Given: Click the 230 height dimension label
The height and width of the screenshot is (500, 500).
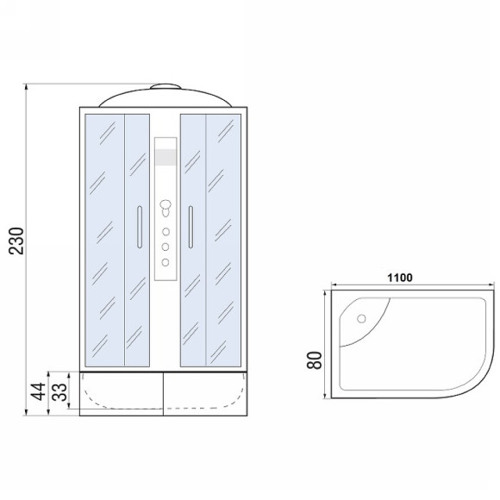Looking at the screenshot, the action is [16, 241].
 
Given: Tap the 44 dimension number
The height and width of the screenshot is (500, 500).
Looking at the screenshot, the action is [38, 391].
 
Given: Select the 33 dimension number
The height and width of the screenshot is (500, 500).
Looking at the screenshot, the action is [59, 391].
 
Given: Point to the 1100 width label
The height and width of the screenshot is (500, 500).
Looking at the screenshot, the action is [400, 278].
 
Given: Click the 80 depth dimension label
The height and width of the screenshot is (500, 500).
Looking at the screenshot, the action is [315, 360].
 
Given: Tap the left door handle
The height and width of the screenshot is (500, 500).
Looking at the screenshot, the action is [140, 227].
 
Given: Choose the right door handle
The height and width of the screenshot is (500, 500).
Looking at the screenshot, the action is [191, 227].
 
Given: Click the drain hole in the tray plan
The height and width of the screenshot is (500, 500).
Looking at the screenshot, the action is [361, 319].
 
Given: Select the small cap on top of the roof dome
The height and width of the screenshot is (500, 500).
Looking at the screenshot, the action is [166, 86].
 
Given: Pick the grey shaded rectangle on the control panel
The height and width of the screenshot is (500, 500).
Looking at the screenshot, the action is [166, 157].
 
